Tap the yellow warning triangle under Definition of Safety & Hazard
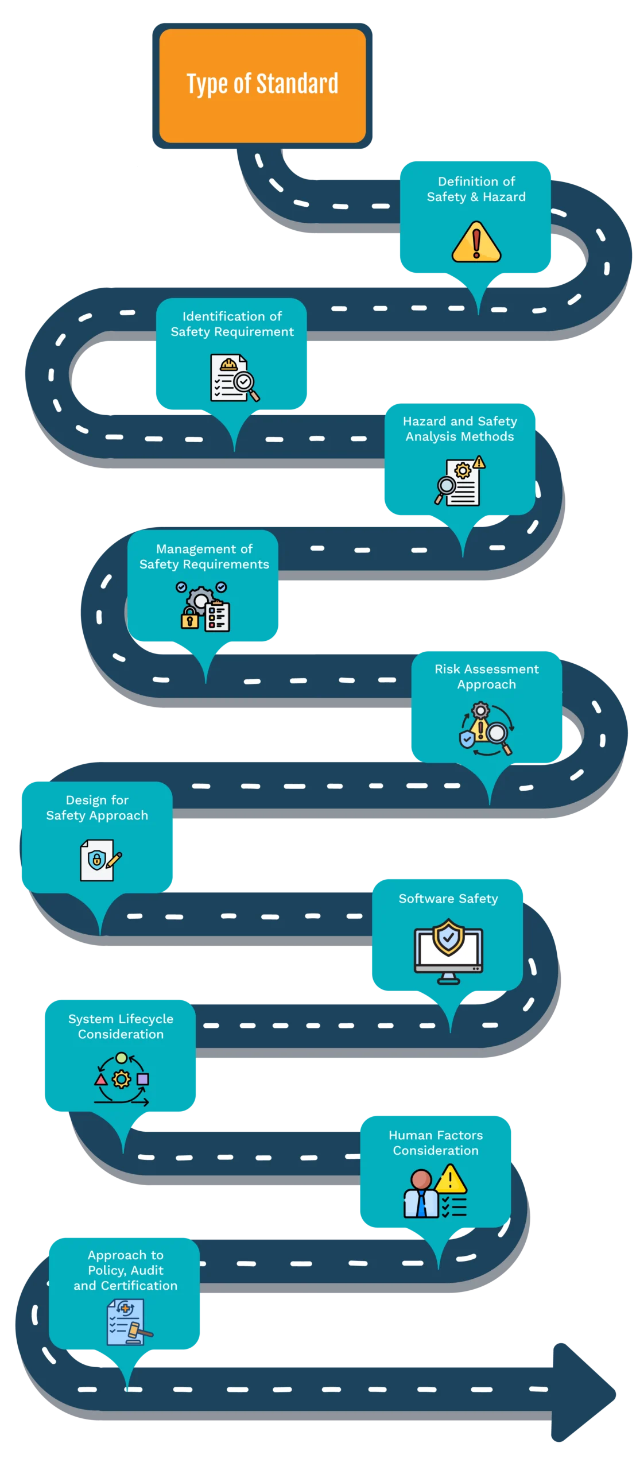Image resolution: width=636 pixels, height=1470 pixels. pyautogui.click(x=476, y=242)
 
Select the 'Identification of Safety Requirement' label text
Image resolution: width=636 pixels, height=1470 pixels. pyautogui.click(x=232, y=324)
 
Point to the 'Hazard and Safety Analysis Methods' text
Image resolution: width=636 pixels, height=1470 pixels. pyautogui.click(x=460, y=429)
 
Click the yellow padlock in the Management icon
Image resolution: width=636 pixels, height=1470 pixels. pyautogui.click(x=189, y=619)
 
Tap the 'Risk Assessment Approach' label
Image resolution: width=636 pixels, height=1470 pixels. pyautogui.click(x=487, y=676)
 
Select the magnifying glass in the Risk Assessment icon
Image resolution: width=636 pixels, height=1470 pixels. pyautogui.click(x=498, y=735)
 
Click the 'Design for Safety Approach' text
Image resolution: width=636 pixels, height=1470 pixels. pyautogui.click(x=97, y=808)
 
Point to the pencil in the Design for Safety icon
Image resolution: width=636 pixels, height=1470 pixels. pyautogui.click(x=114, y=860)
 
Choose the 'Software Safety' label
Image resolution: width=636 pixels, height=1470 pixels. pyautogui.click(x=448, y=899)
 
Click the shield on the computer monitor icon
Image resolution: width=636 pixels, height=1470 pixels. pyautogui.click(x=448, y=937)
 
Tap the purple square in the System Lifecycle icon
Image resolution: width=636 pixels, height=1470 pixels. pyautogui.click(x=143, y=1079)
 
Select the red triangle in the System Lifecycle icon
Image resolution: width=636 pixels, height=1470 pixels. pyautogui.click(x=101, y=1080)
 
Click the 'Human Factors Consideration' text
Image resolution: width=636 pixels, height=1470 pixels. pyautogui.click(x=436, y=1143)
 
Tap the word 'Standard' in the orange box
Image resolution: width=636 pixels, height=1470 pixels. pyautogui.click(x=297, y=84)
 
